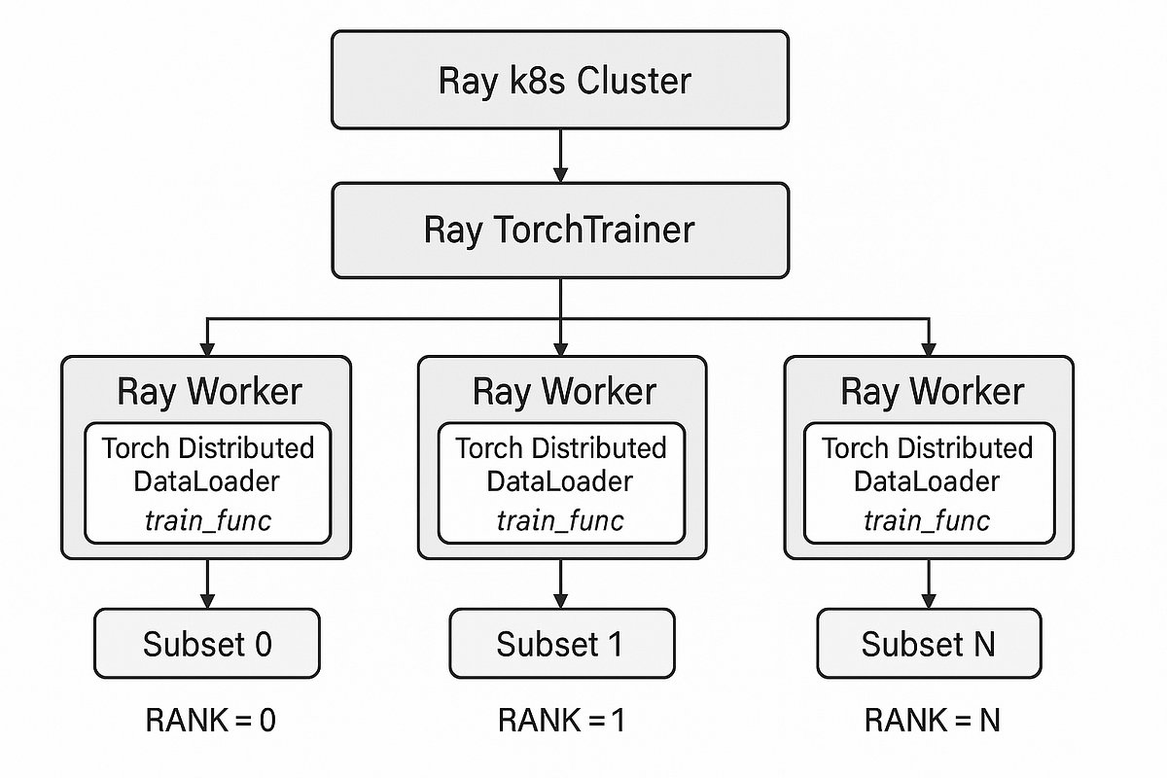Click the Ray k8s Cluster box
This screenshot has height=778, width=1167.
tap(559, 80)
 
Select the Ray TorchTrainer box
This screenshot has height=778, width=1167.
tap(559, 230)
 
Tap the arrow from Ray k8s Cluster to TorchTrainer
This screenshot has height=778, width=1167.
tap(560, 156)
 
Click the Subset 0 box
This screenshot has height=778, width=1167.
tap(206, 643)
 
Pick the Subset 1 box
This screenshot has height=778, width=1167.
tap(560, 643)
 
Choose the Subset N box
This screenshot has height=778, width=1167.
tap(928, 643)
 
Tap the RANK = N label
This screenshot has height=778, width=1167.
tap(933, 721)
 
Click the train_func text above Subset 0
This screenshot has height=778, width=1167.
tap(208, 520)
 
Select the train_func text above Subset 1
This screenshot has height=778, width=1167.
tap(560, 520)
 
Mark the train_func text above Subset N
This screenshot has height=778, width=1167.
tap(927, 520)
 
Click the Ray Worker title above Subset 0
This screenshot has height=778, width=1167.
tap(209, 391)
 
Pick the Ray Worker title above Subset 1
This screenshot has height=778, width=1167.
tap(564, 391)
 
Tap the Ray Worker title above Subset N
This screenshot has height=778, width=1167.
tap(932, 391)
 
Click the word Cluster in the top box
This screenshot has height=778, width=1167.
tap(634, 80)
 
